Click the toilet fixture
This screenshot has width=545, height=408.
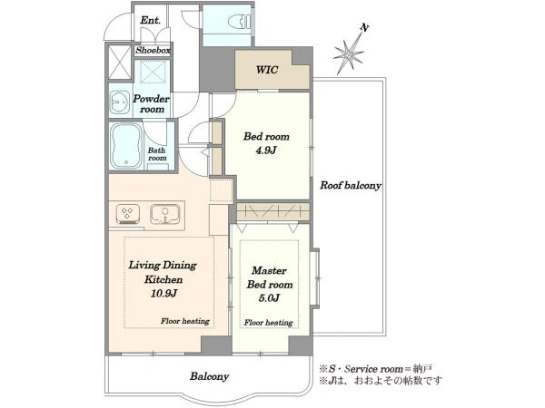pos(240,22)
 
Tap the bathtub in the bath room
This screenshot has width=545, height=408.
pos(126,146)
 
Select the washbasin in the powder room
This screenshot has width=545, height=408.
pos(120,103)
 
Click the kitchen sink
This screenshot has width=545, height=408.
pos(164,214)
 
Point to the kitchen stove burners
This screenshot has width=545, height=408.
pos(127,214)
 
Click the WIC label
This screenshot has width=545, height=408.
pos(267,70)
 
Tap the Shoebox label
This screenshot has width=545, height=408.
pos(153,50)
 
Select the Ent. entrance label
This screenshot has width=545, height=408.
pos(151,21)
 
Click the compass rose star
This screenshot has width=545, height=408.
pos(348,53)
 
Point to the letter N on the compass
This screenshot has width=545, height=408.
pos(364,27)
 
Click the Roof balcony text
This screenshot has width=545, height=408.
pos(351,185)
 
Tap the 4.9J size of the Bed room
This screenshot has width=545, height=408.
pos(266,151)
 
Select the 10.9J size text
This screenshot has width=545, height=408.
pos(164,294)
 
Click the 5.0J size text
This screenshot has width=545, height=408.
pos(269,298)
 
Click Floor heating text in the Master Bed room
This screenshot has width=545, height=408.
pos(268,323)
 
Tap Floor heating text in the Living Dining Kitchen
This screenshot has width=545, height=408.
pos(185,321)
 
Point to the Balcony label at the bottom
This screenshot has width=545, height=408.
pos(209,376)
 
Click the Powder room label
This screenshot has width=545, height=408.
pos(151,103)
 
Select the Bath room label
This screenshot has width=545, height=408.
pos(157,154)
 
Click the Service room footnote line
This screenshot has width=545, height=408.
pos(376,368)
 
